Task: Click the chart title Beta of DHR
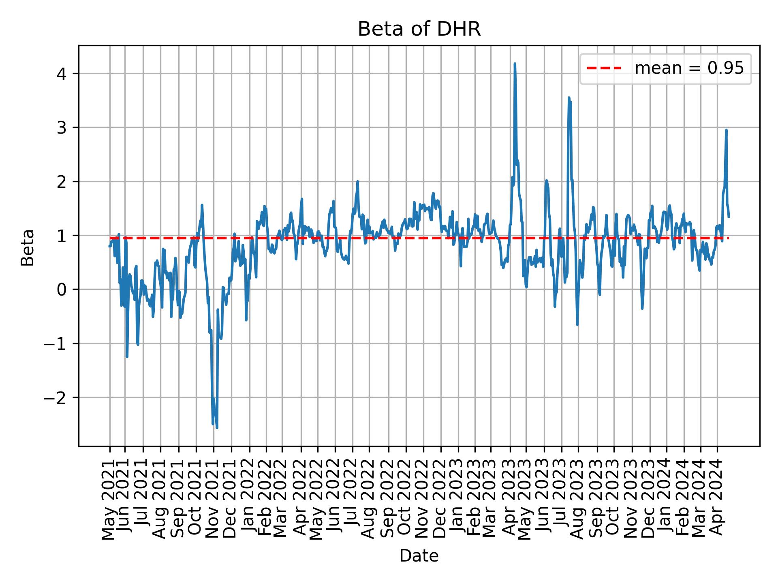click(x=419, y=29)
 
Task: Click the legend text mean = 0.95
click(x=689, y=68)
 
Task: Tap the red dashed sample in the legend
click(x=604, y=68)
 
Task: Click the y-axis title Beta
click(x=28, y=247)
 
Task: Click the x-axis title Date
click(x=419, y=556)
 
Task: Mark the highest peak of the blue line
click(x=515, y=64)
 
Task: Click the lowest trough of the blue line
click(x=217, y=428)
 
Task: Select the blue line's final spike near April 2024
click(x=726, y=130)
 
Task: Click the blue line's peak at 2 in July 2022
click(x=357, y=181)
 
